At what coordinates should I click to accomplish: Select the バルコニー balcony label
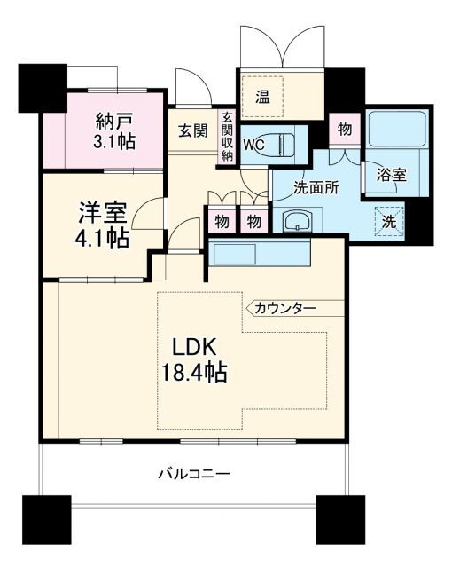(x=193, y=475)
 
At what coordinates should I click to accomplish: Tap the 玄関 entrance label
(x=192, y=130)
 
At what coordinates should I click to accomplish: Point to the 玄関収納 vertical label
(x=227, y=136)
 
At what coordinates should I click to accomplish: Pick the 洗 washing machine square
(x=388, y=221)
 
